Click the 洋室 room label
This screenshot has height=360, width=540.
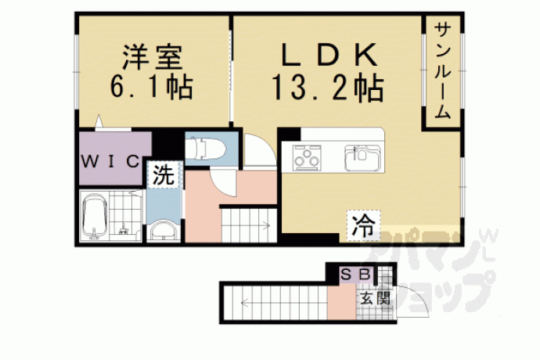[x=152, y=58]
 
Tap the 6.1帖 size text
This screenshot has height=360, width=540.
[x=152, y=87]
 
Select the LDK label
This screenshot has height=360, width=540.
[x=329, y=55]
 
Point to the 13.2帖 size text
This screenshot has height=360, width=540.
[x=328, y=88]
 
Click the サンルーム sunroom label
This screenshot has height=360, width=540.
[x=443, y=70]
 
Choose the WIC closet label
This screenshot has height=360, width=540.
[x=110, y=161]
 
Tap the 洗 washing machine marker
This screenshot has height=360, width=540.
[x=164, y=175]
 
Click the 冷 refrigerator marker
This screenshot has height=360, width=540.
[x=363, y=225]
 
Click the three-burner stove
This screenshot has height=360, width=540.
[x=307, y=157]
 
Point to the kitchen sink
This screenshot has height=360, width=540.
[x=362, y=158]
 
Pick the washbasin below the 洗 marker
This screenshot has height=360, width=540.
[x=164, y=230]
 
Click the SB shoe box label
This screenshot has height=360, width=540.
[x=355, y=274]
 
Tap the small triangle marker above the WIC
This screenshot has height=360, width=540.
[x=99, y=121]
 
